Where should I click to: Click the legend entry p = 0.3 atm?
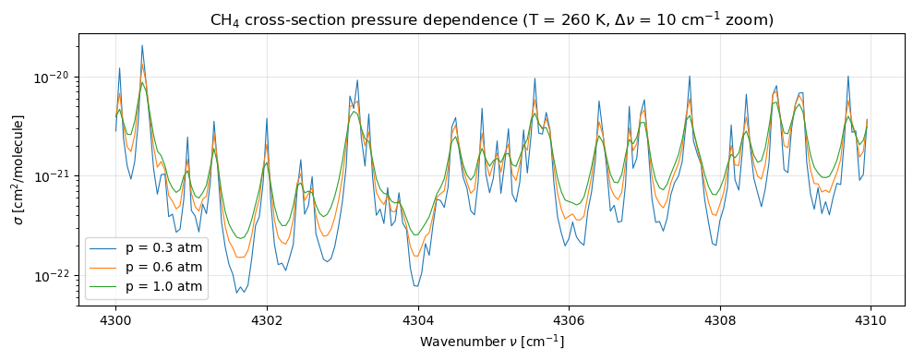[x=163, y=248]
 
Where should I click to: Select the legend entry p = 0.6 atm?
[x=163, y=268]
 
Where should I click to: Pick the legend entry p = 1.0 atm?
[x=163, y=287]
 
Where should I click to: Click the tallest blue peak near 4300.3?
[x=142, y=45]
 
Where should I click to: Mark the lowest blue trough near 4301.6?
[x=237, y=293]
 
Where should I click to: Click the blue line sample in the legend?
[x=105, y=248]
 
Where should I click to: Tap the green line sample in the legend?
[x=105, y=287]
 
